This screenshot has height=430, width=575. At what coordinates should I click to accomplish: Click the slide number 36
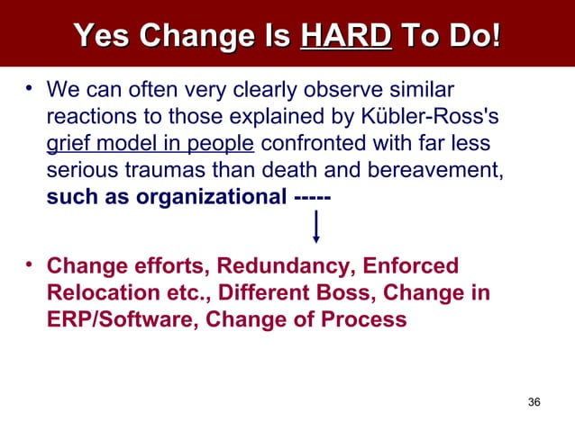[x=534, y=402]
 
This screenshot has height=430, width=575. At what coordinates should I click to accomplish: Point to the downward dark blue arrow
[x=316, y=227]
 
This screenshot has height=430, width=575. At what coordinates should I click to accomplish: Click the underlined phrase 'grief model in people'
[x=151, y=147]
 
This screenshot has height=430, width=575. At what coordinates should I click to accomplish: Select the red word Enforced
[x=412, y=267]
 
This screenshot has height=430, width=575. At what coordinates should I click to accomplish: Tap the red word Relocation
[x=93, y=292]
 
